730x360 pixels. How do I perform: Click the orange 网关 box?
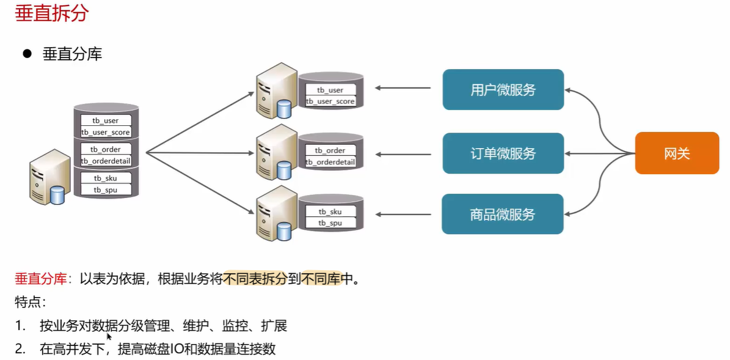click(x=677, y=153)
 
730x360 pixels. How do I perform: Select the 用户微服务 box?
click(x=503, y=89)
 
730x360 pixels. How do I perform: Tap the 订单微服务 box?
click(x=503, y=153)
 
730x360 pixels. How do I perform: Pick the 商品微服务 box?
click(x=503, y=215)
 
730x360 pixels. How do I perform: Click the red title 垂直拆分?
click(x=52, y=14)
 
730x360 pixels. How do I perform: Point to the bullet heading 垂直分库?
click(x=72, y=54)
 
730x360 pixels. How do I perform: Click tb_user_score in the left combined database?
click(x=106, y=132)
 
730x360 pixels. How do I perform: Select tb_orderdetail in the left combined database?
click(x=106, y=161)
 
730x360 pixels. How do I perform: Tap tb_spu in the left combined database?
click(x=106, y=189)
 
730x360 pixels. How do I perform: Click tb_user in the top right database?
click(x=330, y=90)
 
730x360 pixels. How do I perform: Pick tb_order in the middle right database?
click(x=330, y=150)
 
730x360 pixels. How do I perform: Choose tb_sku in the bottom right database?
click(x=330, y=212)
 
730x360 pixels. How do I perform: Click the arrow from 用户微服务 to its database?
click(x=403, y=87)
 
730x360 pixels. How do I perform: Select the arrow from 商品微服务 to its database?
click(x=403, y=215)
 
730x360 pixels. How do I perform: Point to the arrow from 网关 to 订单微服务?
click(x=600, y=153)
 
